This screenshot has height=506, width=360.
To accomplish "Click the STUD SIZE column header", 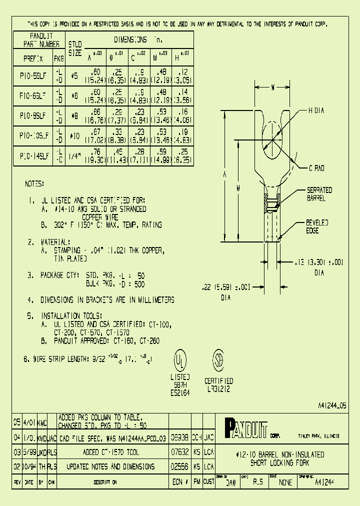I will pos(74,48).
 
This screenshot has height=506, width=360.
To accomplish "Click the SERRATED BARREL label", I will pos(319,194).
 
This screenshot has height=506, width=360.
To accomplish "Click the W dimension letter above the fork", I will pos(273,88).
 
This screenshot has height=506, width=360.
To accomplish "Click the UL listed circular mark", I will pos(180,359).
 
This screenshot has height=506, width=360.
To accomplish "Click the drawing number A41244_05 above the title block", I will pos(332,406).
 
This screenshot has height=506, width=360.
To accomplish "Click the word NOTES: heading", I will pos(34,184).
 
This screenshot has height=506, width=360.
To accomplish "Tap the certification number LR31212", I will pos(219,388).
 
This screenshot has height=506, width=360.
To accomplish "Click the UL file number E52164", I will pos(180,393).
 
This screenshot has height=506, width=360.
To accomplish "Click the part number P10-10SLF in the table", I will pos(32,135).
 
